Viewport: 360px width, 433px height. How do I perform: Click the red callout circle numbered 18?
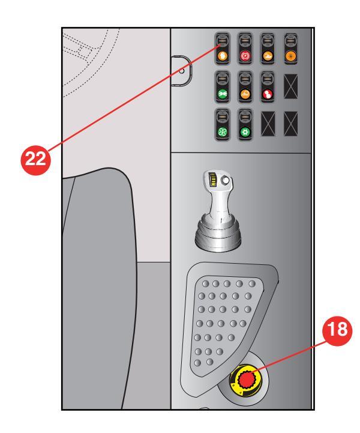[x=337, y=330]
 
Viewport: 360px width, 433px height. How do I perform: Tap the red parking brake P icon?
[x=245, y=56]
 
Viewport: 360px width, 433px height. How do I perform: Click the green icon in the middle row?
[x=222, y=94]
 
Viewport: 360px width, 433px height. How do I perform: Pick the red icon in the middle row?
[x=268, y=94]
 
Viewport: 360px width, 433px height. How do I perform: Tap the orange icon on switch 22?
[x=222, y=56]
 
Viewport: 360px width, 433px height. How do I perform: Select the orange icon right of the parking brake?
[x=268, y=56]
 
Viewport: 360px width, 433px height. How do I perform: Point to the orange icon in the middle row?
[x=245, y=94]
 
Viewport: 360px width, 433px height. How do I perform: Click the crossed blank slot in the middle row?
[x=291, y=86]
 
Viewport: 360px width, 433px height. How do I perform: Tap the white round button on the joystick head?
[x=226, y=181]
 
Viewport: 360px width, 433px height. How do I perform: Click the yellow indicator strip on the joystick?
[x=213, y=180]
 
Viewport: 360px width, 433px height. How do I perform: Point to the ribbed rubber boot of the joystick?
[x=218, y=234]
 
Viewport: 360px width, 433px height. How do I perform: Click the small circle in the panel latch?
[x=182, y=71]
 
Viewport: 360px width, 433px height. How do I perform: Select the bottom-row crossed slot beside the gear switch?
[x=268, y=124]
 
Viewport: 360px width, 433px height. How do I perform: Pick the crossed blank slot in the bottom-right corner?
[x=291, y=124]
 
